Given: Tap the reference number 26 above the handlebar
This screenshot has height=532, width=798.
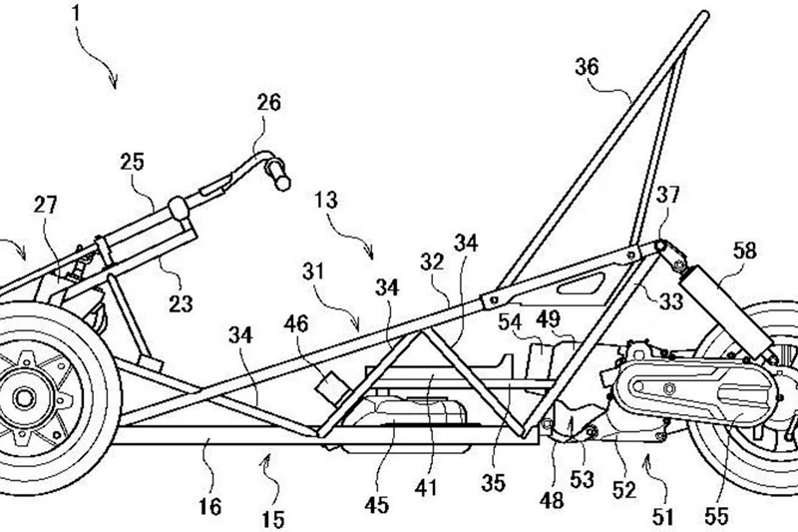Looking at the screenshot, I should [x=268, y=102].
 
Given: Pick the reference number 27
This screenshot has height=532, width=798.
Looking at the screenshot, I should [x=45, y=207].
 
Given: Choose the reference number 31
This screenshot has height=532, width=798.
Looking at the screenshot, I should [x=315, y=271].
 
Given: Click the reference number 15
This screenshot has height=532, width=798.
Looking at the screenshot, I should [x=272, y=519].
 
